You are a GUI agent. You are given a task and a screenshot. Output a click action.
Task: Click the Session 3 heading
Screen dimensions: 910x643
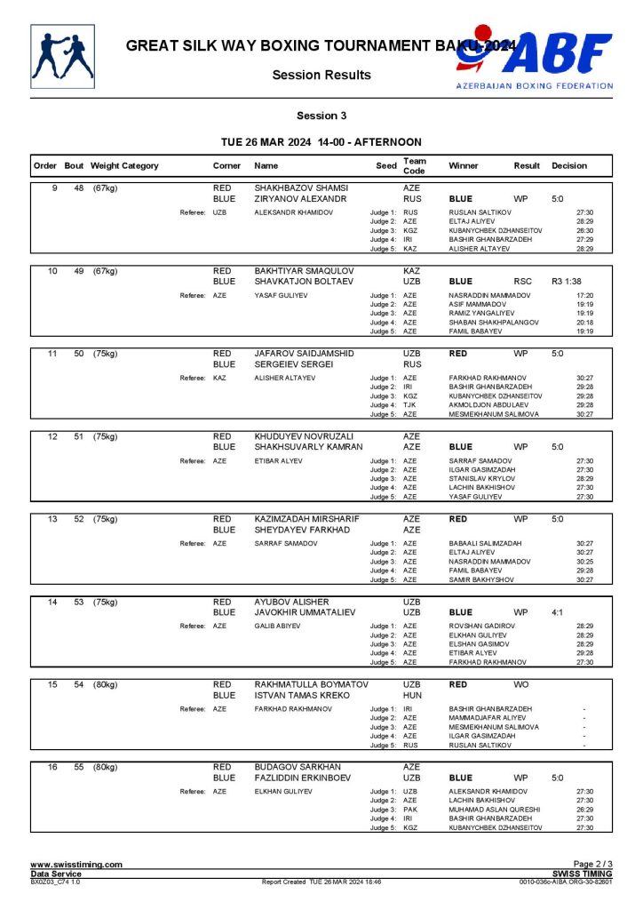[321, 116]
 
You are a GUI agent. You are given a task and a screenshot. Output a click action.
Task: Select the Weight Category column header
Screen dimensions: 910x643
[125, 165]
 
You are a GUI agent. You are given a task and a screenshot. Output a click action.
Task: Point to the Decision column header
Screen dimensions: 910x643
[569, 165]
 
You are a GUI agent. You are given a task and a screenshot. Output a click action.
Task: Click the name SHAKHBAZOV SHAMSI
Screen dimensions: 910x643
[301, 188]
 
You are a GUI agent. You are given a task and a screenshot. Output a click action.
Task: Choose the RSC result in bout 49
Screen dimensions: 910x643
[522, 282]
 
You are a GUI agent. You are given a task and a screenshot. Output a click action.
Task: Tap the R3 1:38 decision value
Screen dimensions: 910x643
[567, 282]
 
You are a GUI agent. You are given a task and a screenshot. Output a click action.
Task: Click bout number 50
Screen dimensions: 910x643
[79, 353]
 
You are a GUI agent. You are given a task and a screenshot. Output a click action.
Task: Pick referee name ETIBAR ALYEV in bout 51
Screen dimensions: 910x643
[280, 461]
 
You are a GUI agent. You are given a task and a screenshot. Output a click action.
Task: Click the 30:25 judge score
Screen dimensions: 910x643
[584, 562]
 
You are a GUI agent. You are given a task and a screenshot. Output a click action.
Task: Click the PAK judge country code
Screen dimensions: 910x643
[410, 810]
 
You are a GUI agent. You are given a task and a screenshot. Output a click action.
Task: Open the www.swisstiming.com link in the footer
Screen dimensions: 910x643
[76, 865]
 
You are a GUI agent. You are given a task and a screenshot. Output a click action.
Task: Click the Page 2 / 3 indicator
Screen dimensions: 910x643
[592, 865]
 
